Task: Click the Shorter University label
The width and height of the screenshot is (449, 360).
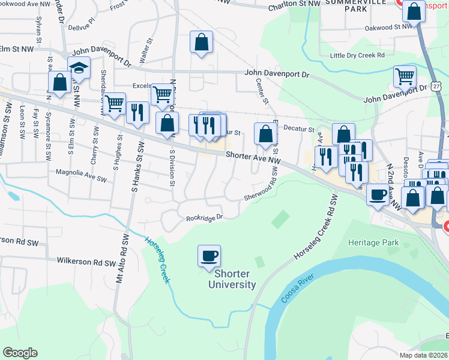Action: pos(232,279)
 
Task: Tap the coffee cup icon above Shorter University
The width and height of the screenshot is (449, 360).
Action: pos(209,256)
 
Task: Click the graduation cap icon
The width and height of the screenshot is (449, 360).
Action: pos(79,70)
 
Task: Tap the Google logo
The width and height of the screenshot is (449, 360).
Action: pos(20,353)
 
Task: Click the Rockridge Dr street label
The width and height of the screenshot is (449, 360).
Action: pos(204,218)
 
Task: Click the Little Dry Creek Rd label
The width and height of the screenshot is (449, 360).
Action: pos(357,55)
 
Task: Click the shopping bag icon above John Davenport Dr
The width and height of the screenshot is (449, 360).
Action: pos(202,43)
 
